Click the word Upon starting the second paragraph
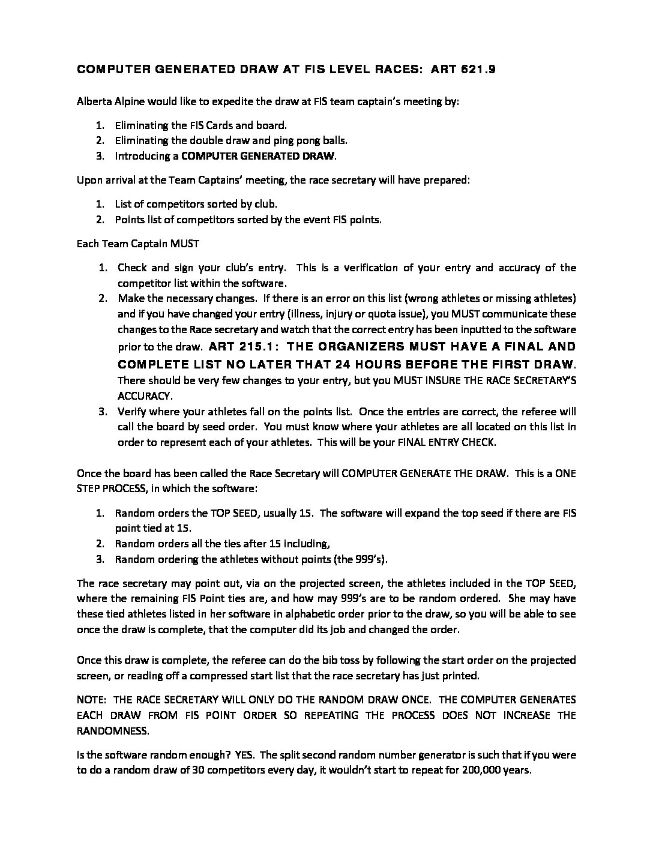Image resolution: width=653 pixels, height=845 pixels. click(88, 180)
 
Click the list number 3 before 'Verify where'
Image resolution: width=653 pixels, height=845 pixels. click(103, 412)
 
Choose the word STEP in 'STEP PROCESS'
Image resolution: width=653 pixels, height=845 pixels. click(89, 489)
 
